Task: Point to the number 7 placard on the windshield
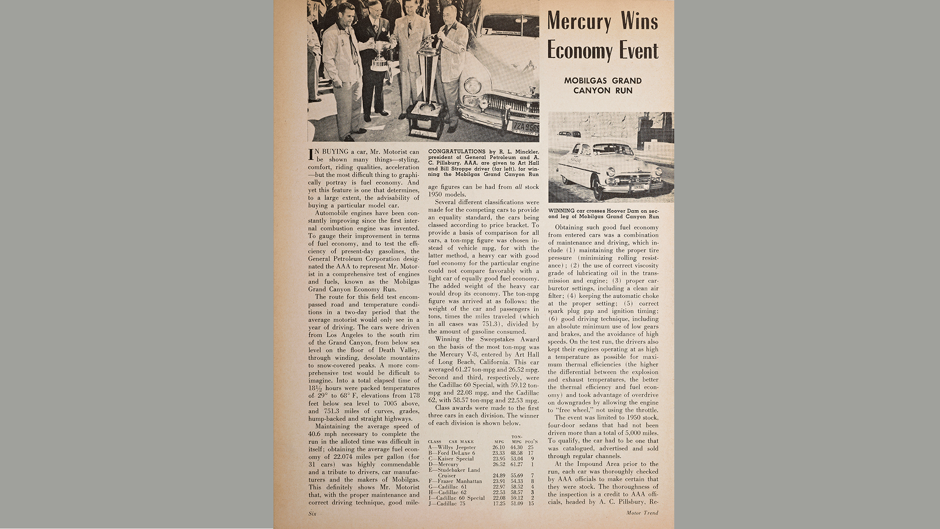point(486,32)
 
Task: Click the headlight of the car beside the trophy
point(472,85)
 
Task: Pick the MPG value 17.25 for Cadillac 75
point(498,504)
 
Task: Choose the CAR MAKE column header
point(461,442)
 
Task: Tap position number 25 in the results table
point(530,447)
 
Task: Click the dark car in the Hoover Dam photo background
point(569,135)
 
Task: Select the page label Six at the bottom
point(312,513)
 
